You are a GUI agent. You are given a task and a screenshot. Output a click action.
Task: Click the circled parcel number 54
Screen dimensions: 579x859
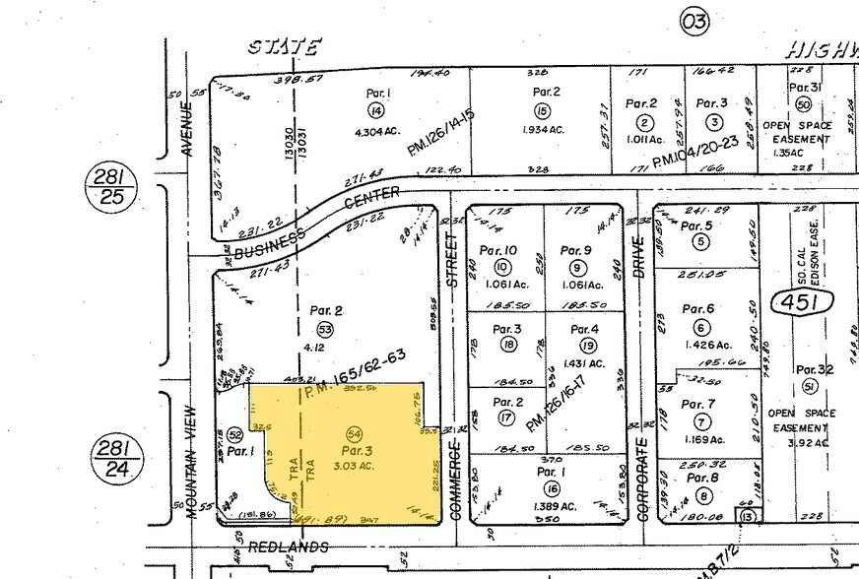(355, 433)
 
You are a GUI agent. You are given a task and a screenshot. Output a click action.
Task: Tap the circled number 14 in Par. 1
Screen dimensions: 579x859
(375, 110)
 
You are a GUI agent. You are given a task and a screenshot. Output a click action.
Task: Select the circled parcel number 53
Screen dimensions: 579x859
(324, 330)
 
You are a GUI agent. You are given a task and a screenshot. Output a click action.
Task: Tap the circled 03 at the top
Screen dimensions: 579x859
(694, 22)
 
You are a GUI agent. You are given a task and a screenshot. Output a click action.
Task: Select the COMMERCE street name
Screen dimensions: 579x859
(455, 480)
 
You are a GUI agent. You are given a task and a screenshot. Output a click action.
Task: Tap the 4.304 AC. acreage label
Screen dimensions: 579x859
(375, 130)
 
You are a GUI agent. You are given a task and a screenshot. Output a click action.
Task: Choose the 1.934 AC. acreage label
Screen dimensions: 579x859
(543, 130)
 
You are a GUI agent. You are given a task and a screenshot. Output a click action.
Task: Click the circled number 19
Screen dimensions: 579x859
(588, 345)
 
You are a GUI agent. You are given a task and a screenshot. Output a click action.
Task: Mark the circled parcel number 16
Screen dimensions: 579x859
(551, 488)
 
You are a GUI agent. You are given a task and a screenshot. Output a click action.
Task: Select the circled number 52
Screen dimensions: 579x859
(234, 434)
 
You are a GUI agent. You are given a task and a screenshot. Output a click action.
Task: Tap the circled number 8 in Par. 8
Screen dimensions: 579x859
(702, 495)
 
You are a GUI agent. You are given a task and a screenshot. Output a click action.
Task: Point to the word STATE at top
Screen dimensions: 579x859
(284, 47)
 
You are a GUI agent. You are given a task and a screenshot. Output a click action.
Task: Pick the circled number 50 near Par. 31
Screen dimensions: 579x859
(803, 104)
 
